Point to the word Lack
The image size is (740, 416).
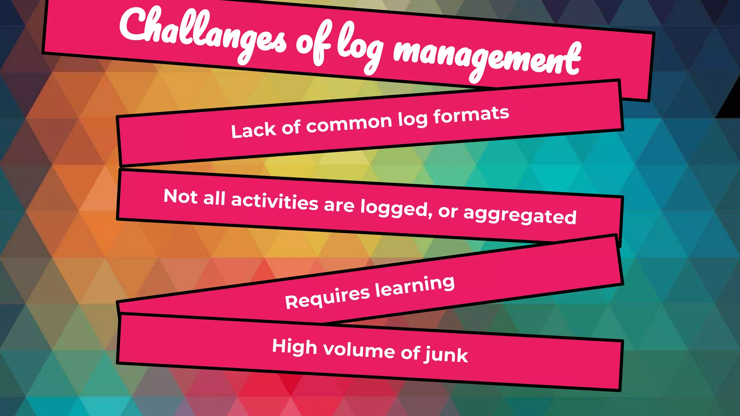tap(253, 130)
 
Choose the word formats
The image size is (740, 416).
tap(471, 115)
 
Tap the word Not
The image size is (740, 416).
tap(181, 197)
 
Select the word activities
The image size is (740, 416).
tap(275, 202)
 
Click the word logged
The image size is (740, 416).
tap(394, 209)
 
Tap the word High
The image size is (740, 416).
tap(294, 347)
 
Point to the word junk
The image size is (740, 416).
tap(447, 355)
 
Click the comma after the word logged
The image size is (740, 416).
tap(430, 215)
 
